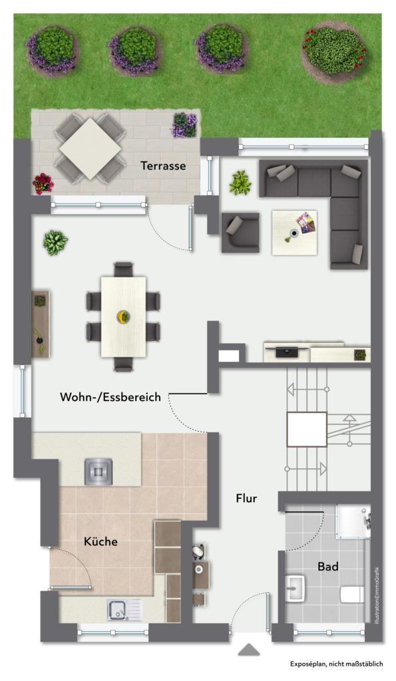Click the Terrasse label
point(163,166)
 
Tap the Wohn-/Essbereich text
point(110,397)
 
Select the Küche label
point(100,541)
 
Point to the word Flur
point(246,498)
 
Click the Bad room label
point(327,567)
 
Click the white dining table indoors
point(123,317)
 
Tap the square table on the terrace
point(90,148)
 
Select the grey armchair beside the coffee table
point(240,232)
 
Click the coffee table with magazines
point(294,233)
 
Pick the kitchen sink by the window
point(124,610)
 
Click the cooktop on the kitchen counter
point(99,472)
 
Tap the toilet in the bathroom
point(352,594)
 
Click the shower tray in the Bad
point(353,521)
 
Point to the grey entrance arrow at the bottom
point(249,650)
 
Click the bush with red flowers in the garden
point(334,51)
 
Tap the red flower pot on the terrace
point(43,184)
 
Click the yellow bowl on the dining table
point(123,317)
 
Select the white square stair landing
point(307,429)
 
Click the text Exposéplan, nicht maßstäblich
point(337,664)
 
